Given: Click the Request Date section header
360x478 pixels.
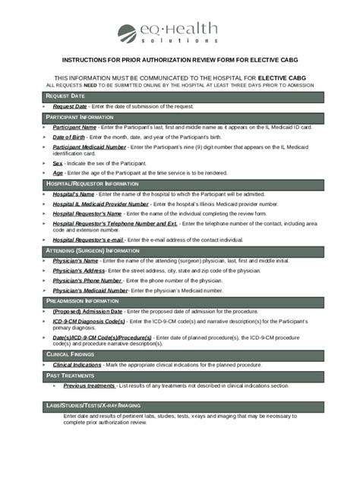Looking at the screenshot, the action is pos(65,96).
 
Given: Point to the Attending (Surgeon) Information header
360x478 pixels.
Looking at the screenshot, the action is pos(92,250).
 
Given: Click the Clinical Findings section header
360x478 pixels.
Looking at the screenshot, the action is pos(71,354).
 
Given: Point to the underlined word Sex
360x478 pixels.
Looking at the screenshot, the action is pos(58,163).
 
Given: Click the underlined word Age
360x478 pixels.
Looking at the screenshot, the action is pos(58,173).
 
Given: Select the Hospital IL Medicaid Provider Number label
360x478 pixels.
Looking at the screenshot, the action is pos(100,204).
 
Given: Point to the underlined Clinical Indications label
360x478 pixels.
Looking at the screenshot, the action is pos(77,364).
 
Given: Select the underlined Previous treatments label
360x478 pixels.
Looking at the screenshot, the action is pos(89,385).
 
